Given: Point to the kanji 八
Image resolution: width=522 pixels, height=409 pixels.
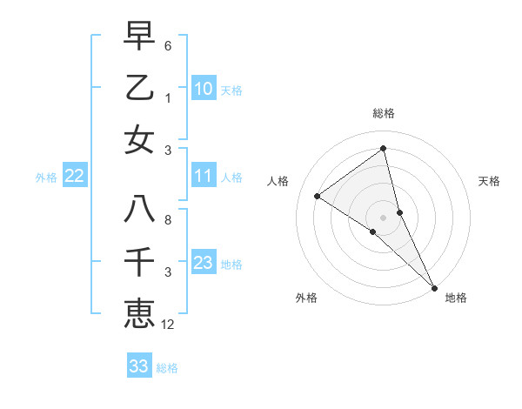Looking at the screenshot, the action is coord(139,210).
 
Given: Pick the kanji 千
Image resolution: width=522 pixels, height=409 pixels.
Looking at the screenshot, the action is coord(139,262).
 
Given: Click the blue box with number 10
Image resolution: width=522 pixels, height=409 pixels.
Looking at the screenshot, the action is coord(204,89).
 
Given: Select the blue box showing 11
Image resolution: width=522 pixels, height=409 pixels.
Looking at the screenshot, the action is coord(204,177).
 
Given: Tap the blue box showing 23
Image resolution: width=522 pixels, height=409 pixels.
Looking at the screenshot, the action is coord(204,264).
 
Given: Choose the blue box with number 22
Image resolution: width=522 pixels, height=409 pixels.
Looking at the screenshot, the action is coord(75,177).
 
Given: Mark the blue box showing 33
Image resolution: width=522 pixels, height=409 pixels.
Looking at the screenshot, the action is coord(139,366).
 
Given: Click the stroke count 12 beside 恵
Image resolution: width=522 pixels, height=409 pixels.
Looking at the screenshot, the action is coord(168,325).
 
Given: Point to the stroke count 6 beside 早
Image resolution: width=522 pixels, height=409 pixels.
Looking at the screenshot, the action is coord(168,45).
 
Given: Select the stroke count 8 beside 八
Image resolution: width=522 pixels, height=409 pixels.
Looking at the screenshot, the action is coord(168,220).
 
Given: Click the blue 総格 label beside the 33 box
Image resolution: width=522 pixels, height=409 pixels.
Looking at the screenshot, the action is coord(167,368).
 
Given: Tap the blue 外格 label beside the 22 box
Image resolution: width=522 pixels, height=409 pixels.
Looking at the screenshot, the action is coord(46,178).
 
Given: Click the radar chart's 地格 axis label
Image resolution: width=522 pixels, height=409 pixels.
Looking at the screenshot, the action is coord(456,298).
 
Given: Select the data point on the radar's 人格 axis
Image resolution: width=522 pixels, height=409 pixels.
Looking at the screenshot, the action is coord(317,196).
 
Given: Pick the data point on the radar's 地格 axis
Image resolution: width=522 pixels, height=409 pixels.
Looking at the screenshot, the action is coord(434,286).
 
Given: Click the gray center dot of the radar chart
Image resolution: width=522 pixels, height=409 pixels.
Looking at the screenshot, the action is coord(383,217).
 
